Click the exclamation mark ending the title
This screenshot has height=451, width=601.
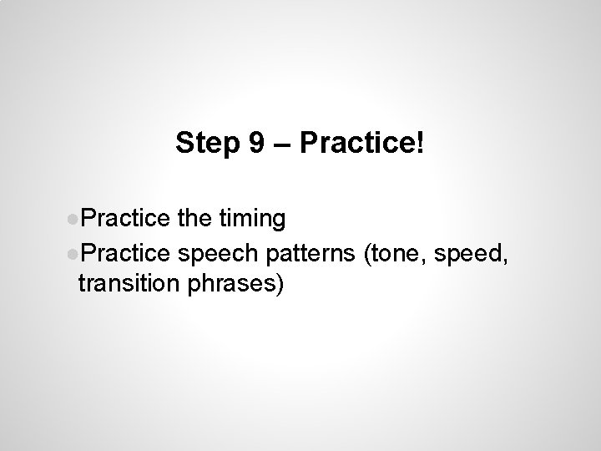(420, 144)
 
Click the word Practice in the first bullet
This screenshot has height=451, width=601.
(126, 220)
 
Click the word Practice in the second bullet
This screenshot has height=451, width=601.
(126, 253)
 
